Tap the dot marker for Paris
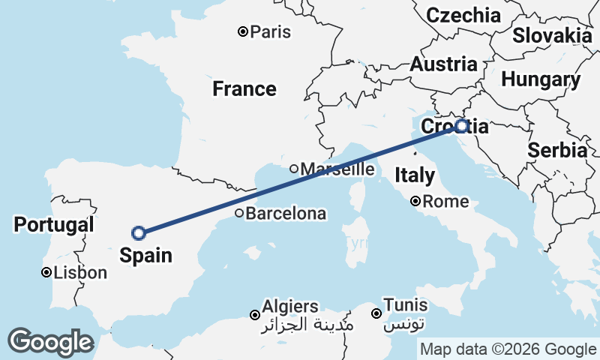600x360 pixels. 243,31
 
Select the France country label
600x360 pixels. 244,89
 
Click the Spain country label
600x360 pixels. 145,255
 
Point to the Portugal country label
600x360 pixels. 54,224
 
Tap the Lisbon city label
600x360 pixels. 80,273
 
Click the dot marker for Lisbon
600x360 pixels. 46,273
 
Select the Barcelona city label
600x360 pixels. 286,214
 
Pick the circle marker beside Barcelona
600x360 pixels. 239,214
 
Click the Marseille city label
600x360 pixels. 337,169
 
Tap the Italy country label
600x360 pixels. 415,175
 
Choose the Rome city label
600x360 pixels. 445,202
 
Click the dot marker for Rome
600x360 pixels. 415,202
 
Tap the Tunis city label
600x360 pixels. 406,305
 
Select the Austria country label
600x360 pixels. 443,64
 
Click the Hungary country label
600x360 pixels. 541,79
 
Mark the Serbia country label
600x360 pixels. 557,150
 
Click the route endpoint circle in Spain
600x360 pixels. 139,233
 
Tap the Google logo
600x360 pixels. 50,342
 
